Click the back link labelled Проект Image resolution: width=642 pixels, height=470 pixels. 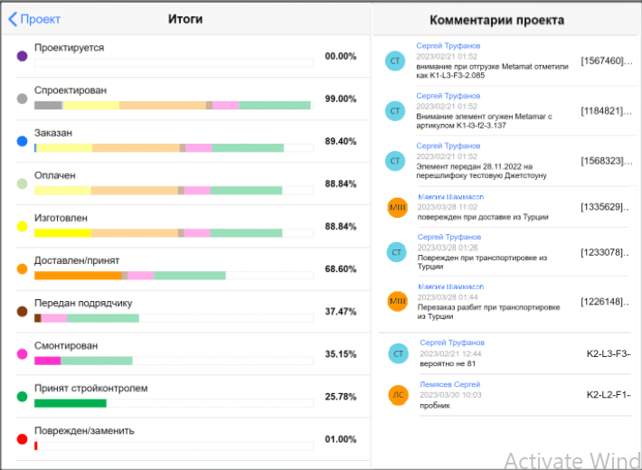tap(35, 19)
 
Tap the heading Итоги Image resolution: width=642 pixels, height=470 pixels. tap(185, 19)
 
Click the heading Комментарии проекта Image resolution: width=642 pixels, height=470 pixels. tap(497, 20)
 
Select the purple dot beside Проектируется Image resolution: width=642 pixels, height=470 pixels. tap(22, 56)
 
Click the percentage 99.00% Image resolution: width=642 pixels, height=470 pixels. tap(341, 99)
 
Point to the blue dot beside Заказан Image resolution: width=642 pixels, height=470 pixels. tap(22, 141)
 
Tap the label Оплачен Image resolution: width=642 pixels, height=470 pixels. tap(55, 175)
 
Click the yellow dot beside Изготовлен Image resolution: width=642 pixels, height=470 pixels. tap(22, 226)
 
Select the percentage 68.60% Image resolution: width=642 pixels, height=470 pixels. tap(341, 268)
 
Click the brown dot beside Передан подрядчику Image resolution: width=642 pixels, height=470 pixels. tap(22, 311)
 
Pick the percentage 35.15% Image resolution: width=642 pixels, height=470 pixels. tap(341, 353)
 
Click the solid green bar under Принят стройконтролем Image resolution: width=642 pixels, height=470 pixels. tap(71, 403)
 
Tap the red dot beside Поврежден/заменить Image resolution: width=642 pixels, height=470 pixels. tap(22, 439)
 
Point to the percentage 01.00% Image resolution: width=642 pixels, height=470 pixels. tap(341, 439)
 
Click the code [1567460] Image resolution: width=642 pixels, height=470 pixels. tap(603, 61)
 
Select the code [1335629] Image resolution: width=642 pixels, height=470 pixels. tap(603, 207)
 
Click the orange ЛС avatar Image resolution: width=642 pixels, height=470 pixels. tap(398, 394)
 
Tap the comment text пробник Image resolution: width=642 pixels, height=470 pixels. tap(436, 405)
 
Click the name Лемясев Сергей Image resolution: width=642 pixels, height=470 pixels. tap(450, 384)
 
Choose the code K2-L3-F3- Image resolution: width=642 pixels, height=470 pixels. tap(609, 352)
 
